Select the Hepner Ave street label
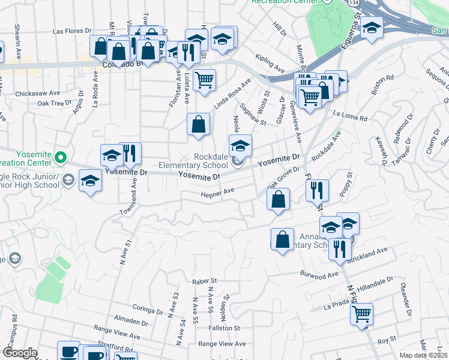(217, 193)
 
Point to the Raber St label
(204, 281)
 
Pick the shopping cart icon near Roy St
(361, 313)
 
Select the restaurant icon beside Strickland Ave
(340, 248)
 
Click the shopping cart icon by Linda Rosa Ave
(205, 79)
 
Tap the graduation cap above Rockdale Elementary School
(240, 146)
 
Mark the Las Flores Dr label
(71, 30)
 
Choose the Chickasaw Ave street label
(38, 94)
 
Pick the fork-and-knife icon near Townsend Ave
(130, 153)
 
